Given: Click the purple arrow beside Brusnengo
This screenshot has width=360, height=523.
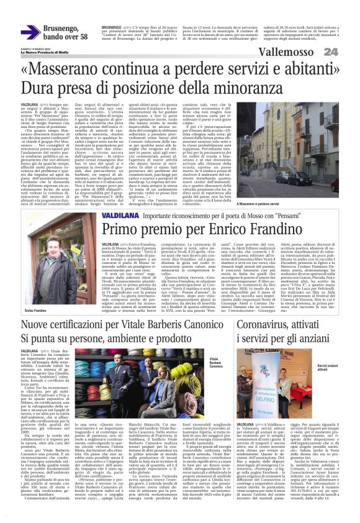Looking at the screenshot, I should pos(30,32).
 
